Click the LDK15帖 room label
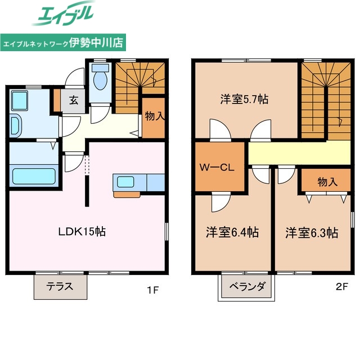click(x=83, y=231)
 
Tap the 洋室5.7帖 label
click(x=244, y=100)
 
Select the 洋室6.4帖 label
click(x=232, y=232)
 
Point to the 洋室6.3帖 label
click(x=312, y=232)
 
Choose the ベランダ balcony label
click(x=246, y=286)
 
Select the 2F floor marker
click(x=342, y=286)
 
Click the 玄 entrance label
click(x=74, y=101)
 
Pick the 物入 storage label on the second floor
click(x=327, y=182)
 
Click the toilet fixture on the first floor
click(x=101, y=79)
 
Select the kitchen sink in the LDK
click(x=124, y=182)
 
